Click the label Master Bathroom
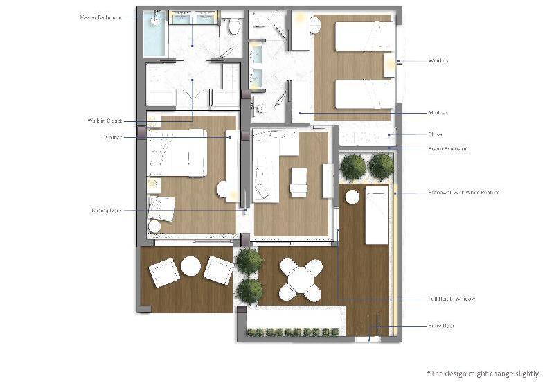point(100,17)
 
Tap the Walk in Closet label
point(105,121)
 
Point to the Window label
point(438,61)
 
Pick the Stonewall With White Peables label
point(463,193)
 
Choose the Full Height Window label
point(452,299)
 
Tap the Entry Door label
point(441,326)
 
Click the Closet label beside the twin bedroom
point(436,134)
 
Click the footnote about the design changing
point(482,373)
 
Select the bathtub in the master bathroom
point(154,35)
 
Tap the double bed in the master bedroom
point(177,153)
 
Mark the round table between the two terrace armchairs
point(190,266)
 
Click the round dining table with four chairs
point(302,279)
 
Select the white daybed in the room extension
point(377,215)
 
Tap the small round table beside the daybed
point(352,197)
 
